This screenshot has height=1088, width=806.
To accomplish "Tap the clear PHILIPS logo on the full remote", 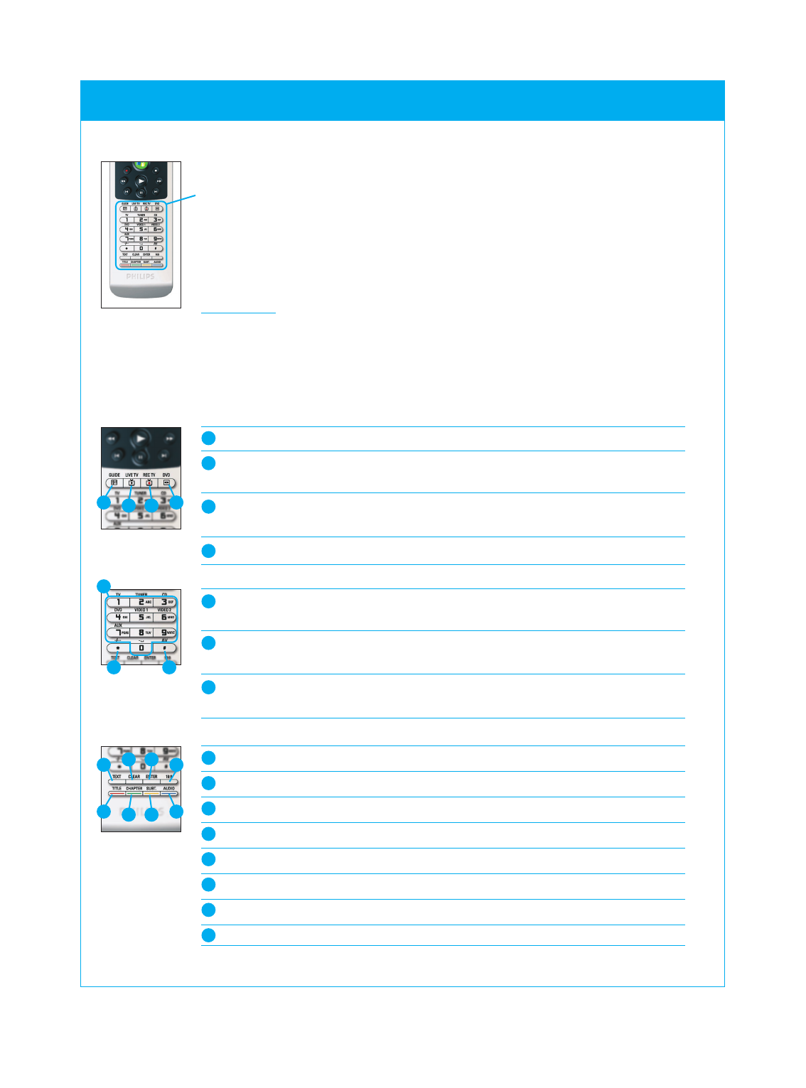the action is coord(141,276).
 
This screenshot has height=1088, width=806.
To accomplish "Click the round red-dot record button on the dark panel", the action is coord(127,171).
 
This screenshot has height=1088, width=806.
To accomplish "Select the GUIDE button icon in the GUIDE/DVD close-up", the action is coord(114,483).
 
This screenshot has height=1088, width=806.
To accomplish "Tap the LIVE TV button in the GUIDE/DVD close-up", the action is coord(131,483).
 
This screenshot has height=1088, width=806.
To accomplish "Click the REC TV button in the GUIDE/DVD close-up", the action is coord(149,483).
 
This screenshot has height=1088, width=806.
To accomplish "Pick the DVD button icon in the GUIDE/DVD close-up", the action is coord(166,483).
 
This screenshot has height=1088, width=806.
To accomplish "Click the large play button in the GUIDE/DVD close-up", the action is coord(141,438).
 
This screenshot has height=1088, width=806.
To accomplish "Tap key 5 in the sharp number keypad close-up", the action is coord(141,617).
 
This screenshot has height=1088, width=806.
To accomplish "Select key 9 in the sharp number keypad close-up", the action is coord(165,632).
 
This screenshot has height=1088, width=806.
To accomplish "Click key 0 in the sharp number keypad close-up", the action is coord(141,648).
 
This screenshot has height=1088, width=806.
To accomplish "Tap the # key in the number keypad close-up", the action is coord(165,648).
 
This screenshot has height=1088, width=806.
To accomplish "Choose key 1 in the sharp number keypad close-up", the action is coord(118,602).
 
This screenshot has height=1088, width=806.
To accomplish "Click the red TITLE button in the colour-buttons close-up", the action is coord(117,793).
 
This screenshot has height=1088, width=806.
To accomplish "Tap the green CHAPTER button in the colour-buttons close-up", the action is coord(134,793).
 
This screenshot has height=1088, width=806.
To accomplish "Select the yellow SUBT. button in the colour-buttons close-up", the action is coord(151,793).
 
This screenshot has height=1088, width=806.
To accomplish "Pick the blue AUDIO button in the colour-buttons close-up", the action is coord(168,793).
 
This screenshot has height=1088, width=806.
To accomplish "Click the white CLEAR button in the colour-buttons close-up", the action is coord(134,782).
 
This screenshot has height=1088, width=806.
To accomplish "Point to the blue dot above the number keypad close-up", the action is coord(104,586).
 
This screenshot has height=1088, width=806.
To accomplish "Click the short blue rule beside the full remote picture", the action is coord(238,313).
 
